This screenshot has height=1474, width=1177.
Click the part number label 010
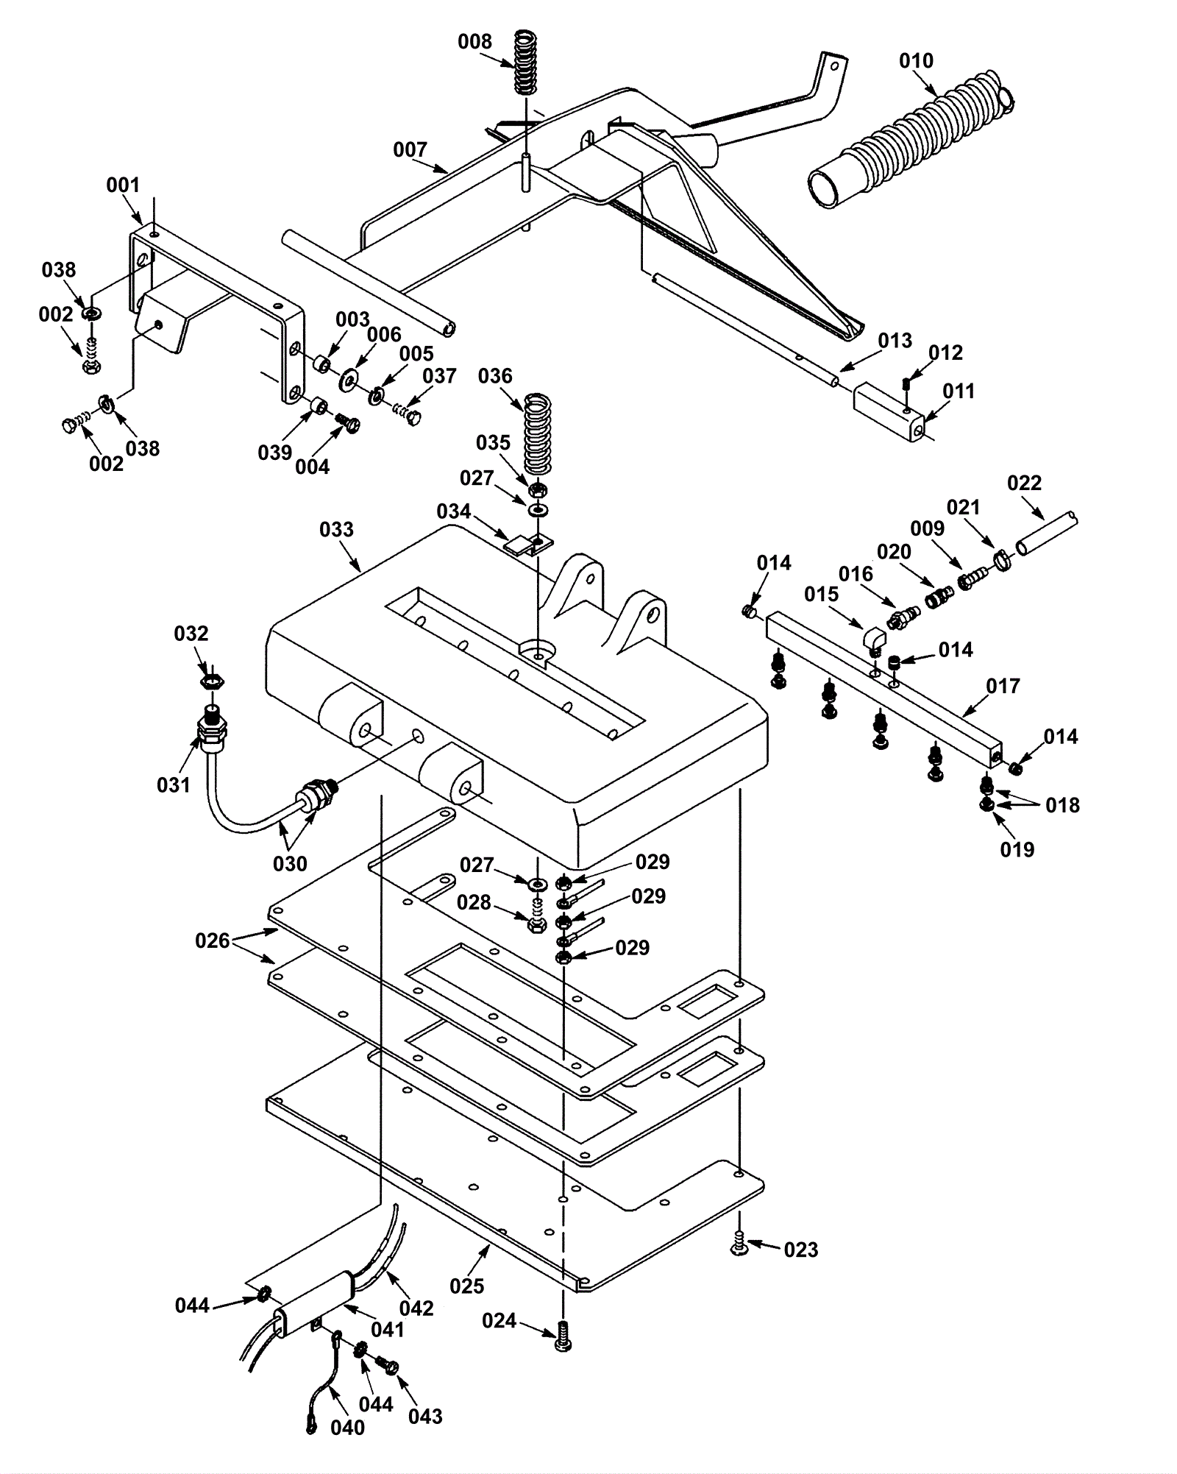(916, 61)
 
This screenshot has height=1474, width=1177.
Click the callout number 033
(336, 530)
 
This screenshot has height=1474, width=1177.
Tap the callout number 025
(467, 1286)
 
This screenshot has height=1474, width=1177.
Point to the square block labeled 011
(888, 416)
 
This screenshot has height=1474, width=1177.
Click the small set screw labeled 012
(907, 383)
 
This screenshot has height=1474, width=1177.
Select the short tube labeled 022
(1048, 531)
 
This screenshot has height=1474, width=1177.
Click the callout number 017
(1003, 687)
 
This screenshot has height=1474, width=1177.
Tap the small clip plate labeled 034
(519, 545)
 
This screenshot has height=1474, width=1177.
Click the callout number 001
(123, 185)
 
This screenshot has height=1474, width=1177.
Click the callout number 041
(388, 1329)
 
